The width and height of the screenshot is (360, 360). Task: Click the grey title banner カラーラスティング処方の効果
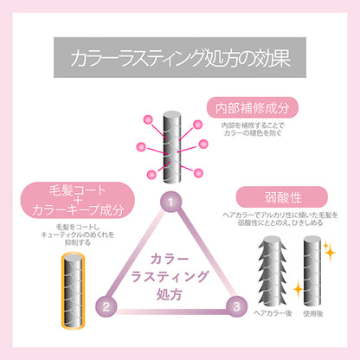[x=180, y=57]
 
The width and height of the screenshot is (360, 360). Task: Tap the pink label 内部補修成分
[x=252, y=107]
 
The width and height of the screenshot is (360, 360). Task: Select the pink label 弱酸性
[x=282, y=197]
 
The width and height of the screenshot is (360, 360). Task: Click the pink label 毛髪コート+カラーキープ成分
[x=78, y=200]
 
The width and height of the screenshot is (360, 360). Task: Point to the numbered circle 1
[x=171, y=202]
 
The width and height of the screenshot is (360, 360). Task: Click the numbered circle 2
[x=106, y=306]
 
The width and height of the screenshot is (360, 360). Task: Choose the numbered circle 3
[x=236, y=306]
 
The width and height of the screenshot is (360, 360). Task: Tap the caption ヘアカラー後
[x=273, y=313]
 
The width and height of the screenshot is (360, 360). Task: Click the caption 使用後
[x=313, y=313]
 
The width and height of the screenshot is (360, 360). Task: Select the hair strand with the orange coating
[x=74, y=290]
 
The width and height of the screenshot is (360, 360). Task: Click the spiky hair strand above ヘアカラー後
[x=272, y=271]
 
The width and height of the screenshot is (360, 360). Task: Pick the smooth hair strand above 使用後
[x=312, y=271]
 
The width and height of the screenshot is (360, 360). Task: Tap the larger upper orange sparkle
[x=330, y=253]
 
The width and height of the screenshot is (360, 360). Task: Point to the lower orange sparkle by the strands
[x=298, y=289]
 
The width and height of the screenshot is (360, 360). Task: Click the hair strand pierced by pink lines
[x=172, y=147]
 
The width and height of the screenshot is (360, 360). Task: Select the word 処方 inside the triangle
[x=170, y=294]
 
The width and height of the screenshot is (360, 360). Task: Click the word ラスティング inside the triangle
[x=170, y=276]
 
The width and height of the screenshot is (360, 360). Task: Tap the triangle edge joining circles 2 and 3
[x=171, y=312]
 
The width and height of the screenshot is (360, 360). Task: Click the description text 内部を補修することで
[x=253, y=125]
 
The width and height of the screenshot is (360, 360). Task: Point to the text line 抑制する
[x=78, y=242]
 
